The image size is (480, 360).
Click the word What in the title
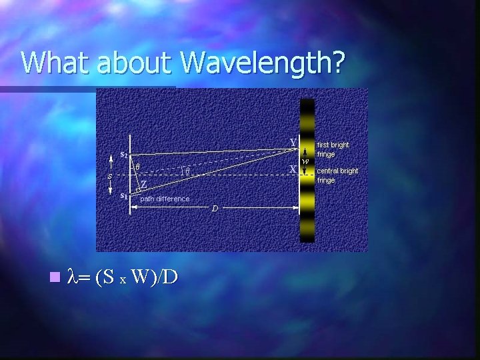57,62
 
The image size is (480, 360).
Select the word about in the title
135,62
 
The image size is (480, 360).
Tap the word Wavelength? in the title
263,63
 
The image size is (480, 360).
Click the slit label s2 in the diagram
124,154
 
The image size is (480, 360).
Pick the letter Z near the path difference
143,184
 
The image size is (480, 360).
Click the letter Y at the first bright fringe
293,142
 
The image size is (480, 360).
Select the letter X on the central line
293,169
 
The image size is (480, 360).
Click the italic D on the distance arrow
215,209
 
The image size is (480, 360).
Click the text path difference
165,199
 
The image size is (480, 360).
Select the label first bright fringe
333,149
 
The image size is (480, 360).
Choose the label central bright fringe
337,175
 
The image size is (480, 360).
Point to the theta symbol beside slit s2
137,165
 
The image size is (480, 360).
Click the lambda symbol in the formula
73,276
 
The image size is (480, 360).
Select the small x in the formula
123,279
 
